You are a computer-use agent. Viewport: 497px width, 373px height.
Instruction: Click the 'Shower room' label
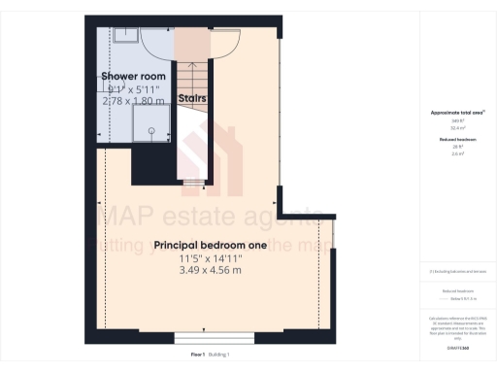(x=133, y=76)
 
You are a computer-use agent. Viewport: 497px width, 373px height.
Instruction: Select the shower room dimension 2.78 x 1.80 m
(x=133, y=99)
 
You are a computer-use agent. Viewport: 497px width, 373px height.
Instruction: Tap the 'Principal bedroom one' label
(x=210, y=246)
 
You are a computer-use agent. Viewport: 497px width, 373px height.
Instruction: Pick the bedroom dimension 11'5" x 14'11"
(x=210, y=259)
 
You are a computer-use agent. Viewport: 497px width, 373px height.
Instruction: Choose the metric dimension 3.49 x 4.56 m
(x=210, y=272)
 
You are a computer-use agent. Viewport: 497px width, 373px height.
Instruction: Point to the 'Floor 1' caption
(x=198, y=356)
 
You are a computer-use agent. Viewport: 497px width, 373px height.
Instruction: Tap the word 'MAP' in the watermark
(x=124, y=215)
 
